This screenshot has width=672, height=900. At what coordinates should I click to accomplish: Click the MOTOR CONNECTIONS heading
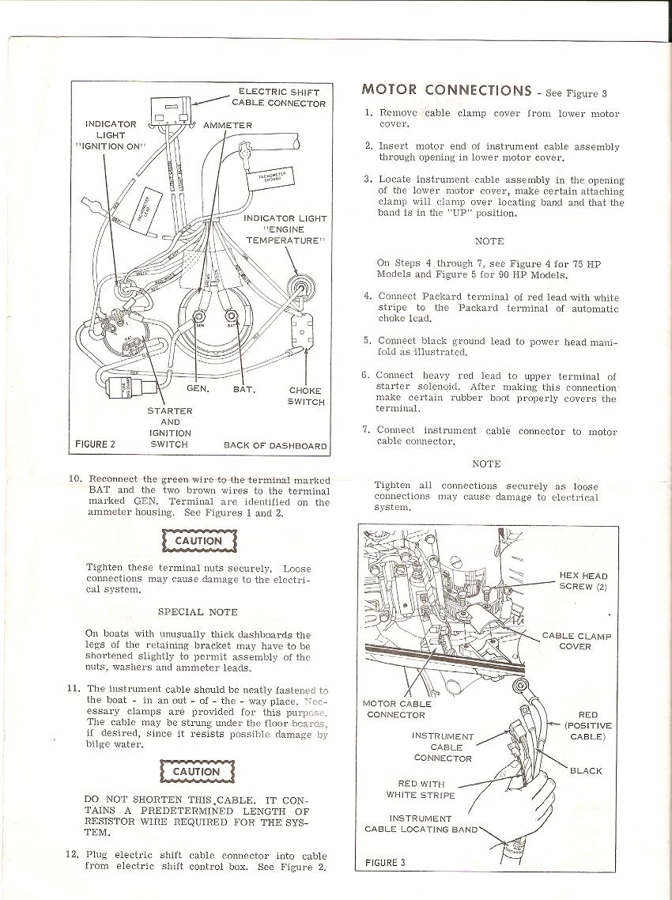point(446,90)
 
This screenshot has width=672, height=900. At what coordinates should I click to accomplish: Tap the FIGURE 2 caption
point(95,444)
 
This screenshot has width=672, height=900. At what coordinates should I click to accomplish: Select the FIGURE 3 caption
point(385,862)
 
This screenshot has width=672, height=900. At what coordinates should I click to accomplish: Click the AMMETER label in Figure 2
point(228,125)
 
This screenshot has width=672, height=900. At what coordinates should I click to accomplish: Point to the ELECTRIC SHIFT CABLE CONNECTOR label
point(277,97)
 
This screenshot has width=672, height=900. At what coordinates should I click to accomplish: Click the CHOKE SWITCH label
point(305,395)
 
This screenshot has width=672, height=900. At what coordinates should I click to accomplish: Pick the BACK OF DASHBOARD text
point(275,445)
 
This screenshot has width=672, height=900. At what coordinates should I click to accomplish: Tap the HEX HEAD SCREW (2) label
point(583,581)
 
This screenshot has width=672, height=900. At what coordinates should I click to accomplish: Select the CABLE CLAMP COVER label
point(576,641)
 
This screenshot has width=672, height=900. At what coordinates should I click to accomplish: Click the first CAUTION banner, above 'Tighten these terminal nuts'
point(198,541)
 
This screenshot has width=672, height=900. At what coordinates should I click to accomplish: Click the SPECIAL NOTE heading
point(198,611)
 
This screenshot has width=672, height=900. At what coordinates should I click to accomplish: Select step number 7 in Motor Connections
point(365,430)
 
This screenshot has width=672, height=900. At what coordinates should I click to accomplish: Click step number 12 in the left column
point(72,855)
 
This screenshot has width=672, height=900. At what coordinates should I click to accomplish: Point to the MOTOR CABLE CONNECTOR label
point(396,709)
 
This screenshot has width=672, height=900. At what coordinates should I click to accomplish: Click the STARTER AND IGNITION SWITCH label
point(169,428)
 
